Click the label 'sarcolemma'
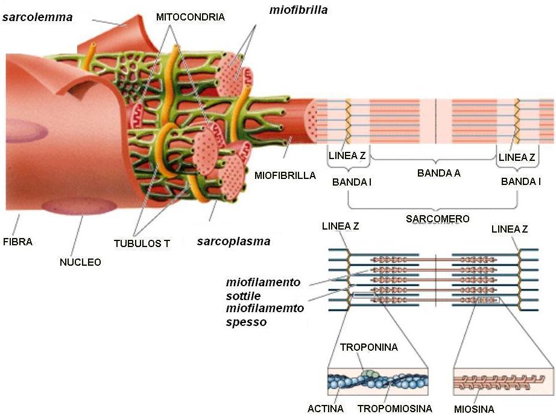click(37, 17)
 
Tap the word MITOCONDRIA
click(190, 17)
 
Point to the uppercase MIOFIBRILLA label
click(285, 176)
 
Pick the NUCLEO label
click(80, 262)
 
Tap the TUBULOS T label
click(142, 244)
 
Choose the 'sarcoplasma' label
click(233, 242)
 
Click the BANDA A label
click(438, 173)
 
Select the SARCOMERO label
click(437, 219)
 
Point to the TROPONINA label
click(368, 348)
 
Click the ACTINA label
click(325, 409)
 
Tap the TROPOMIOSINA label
click(394, 409)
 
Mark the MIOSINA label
click(473, 410)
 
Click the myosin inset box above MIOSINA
click(503, 381)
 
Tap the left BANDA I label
click(352, 181)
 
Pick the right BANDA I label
click(520, 181)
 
